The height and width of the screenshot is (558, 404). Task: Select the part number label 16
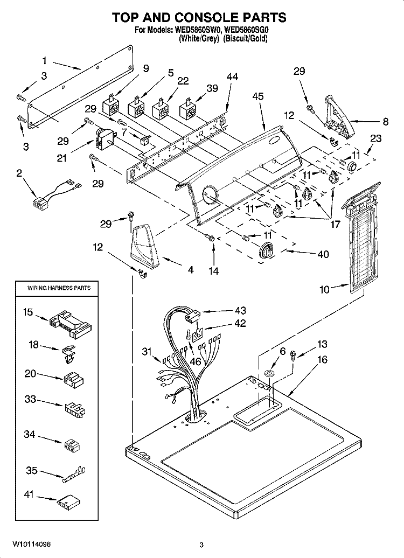tap(322, 359)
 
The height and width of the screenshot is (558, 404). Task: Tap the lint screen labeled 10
tap(360, 238)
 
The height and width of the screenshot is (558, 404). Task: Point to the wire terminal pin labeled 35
tap(73, 475)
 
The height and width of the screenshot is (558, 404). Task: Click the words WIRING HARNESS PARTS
tap(59, 288)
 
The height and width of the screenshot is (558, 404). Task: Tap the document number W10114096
tap(32, 545)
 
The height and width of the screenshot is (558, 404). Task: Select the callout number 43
tap(241, 311)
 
